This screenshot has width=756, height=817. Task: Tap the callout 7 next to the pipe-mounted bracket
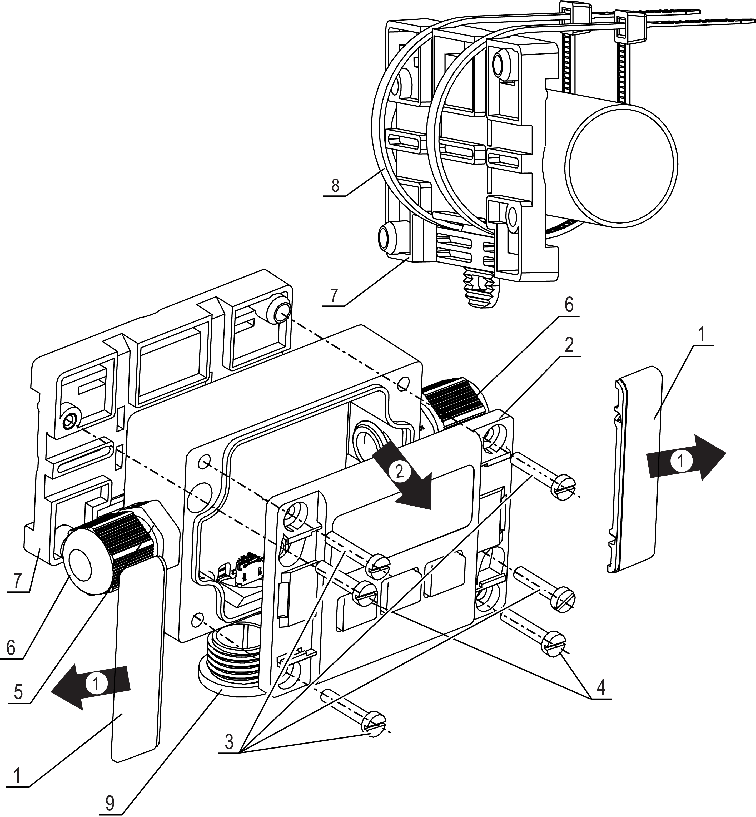(x=334, y=295)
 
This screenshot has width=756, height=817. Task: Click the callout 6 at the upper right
(x=569, y=305)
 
